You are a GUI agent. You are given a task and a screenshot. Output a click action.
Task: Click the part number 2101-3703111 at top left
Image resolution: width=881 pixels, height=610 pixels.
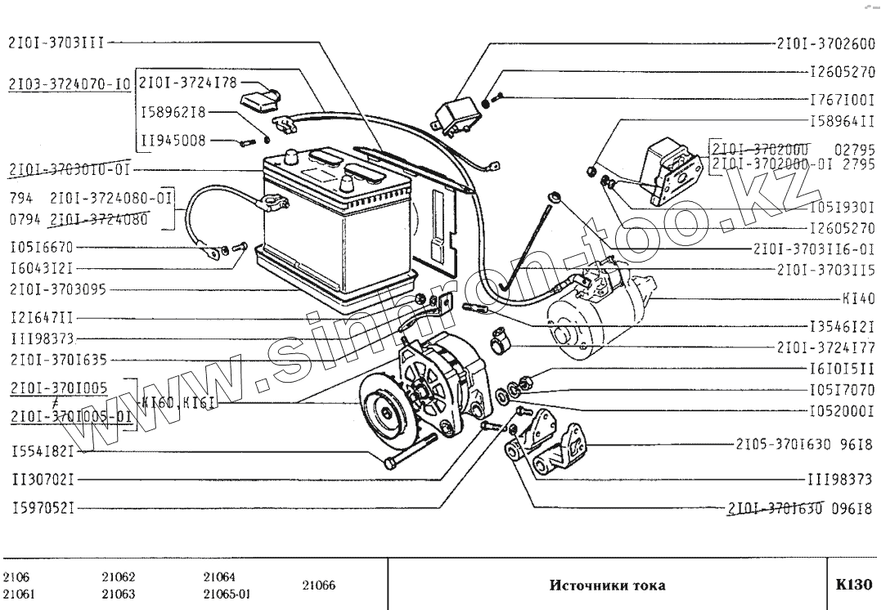56,43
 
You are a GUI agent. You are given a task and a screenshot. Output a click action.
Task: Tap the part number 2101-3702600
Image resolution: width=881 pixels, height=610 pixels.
826,43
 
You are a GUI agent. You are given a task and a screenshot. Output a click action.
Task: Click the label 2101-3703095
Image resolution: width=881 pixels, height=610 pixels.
58,289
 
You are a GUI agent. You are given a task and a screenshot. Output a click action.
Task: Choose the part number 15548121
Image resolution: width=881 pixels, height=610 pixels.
43,451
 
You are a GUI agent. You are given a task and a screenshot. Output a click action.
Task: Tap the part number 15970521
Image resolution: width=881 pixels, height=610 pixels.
43,508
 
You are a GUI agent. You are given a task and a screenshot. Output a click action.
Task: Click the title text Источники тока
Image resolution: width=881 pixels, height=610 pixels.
607,585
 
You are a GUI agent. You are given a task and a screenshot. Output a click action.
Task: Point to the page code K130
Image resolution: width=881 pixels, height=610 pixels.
854,585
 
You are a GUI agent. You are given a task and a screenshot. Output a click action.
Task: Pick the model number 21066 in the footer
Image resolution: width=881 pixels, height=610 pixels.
318,585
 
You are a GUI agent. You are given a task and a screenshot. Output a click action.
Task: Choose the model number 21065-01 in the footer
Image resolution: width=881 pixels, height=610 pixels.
227,594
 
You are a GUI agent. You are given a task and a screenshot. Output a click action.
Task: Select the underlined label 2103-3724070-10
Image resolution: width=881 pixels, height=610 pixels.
69,83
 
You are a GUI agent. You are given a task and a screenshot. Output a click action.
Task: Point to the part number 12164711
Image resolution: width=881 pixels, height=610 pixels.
43,317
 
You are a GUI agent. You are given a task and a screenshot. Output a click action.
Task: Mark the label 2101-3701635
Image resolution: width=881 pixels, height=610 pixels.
58,359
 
